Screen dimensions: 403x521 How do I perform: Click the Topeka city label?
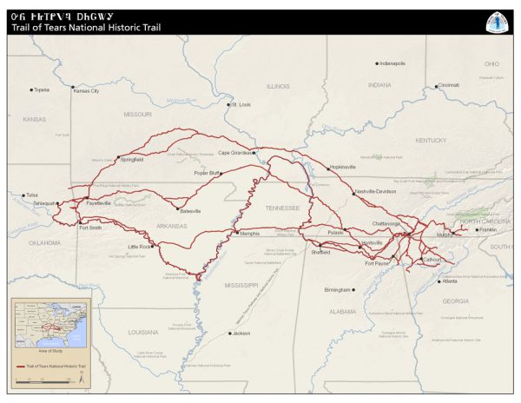[x=42, y=89]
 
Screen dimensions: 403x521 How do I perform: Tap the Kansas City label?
[x=86, y=90]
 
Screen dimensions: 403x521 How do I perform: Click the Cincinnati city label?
[x=448, y=85]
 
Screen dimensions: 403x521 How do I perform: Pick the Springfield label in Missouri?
[x=132, y=160]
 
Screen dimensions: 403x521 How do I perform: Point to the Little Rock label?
[x=140, y=248]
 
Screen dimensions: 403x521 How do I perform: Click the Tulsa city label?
[x=32, y=195]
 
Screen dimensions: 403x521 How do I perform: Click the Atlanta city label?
[x=449, y=281]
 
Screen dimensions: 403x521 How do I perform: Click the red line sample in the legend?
[x=24, y=367]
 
